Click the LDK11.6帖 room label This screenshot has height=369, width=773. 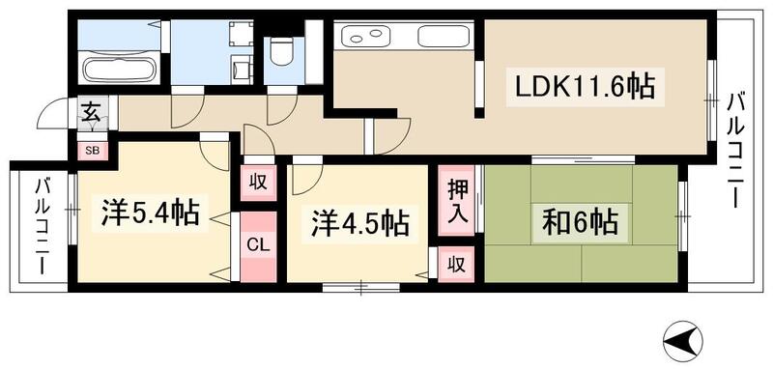point(583,89)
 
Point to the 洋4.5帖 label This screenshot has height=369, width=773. point(358,224)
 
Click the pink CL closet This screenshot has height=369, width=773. point(257,244)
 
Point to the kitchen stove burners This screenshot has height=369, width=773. point(366,38)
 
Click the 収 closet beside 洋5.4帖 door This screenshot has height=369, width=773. point(258,181)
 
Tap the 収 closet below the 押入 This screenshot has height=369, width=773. point(455,263)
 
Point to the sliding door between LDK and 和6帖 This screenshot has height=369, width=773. point(583,157)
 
